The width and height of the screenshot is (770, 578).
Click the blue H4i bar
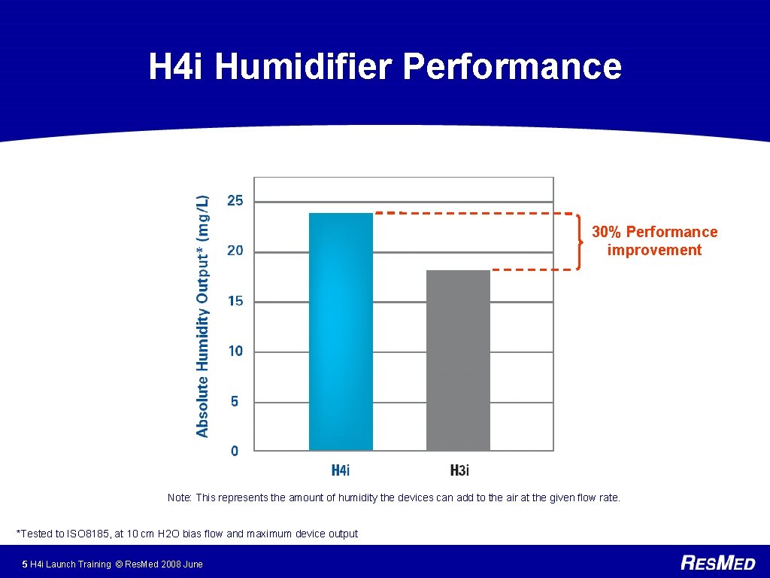pyautogui.click(x=341, y=331)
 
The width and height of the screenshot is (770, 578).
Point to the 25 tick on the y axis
pyautogui.click(x=235, y=201)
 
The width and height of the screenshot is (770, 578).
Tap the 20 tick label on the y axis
pyautogui.click(x=235, y=251)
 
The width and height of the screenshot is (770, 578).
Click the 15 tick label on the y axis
pyautogui.click(x=235, y=301)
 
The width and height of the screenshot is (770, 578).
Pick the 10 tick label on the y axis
pyautogui.click(x=235, y=351)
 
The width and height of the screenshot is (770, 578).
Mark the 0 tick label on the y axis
pyautogui.click(x=235, y=451)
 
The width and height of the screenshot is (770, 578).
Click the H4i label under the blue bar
pyautogui.click(x=341, y=471)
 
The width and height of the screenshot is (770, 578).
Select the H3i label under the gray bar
pyautogui.click(x=459, y=471)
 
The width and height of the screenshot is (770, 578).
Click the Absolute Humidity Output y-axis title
pyautogui.click(x=202, y=316)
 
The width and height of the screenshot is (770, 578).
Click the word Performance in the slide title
pyautogui.click(x=512, y=66)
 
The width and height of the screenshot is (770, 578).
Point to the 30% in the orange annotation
pyautogui.click(x=606, y=232)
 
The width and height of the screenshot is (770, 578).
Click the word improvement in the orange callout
pyautogui.click(x=654, y=251)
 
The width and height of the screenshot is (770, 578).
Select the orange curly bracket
pyautogui.click(x=579, y=242)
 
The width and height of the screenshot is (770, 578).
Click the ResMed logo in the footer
pyautogui.click(x=718, y=562)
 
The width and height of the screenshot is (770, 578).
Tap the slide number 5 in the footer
pyautogui.click(x=25, y=564)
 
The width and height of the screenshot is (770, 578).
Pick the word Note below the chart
pyautogui.click(x=179, y=497)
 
